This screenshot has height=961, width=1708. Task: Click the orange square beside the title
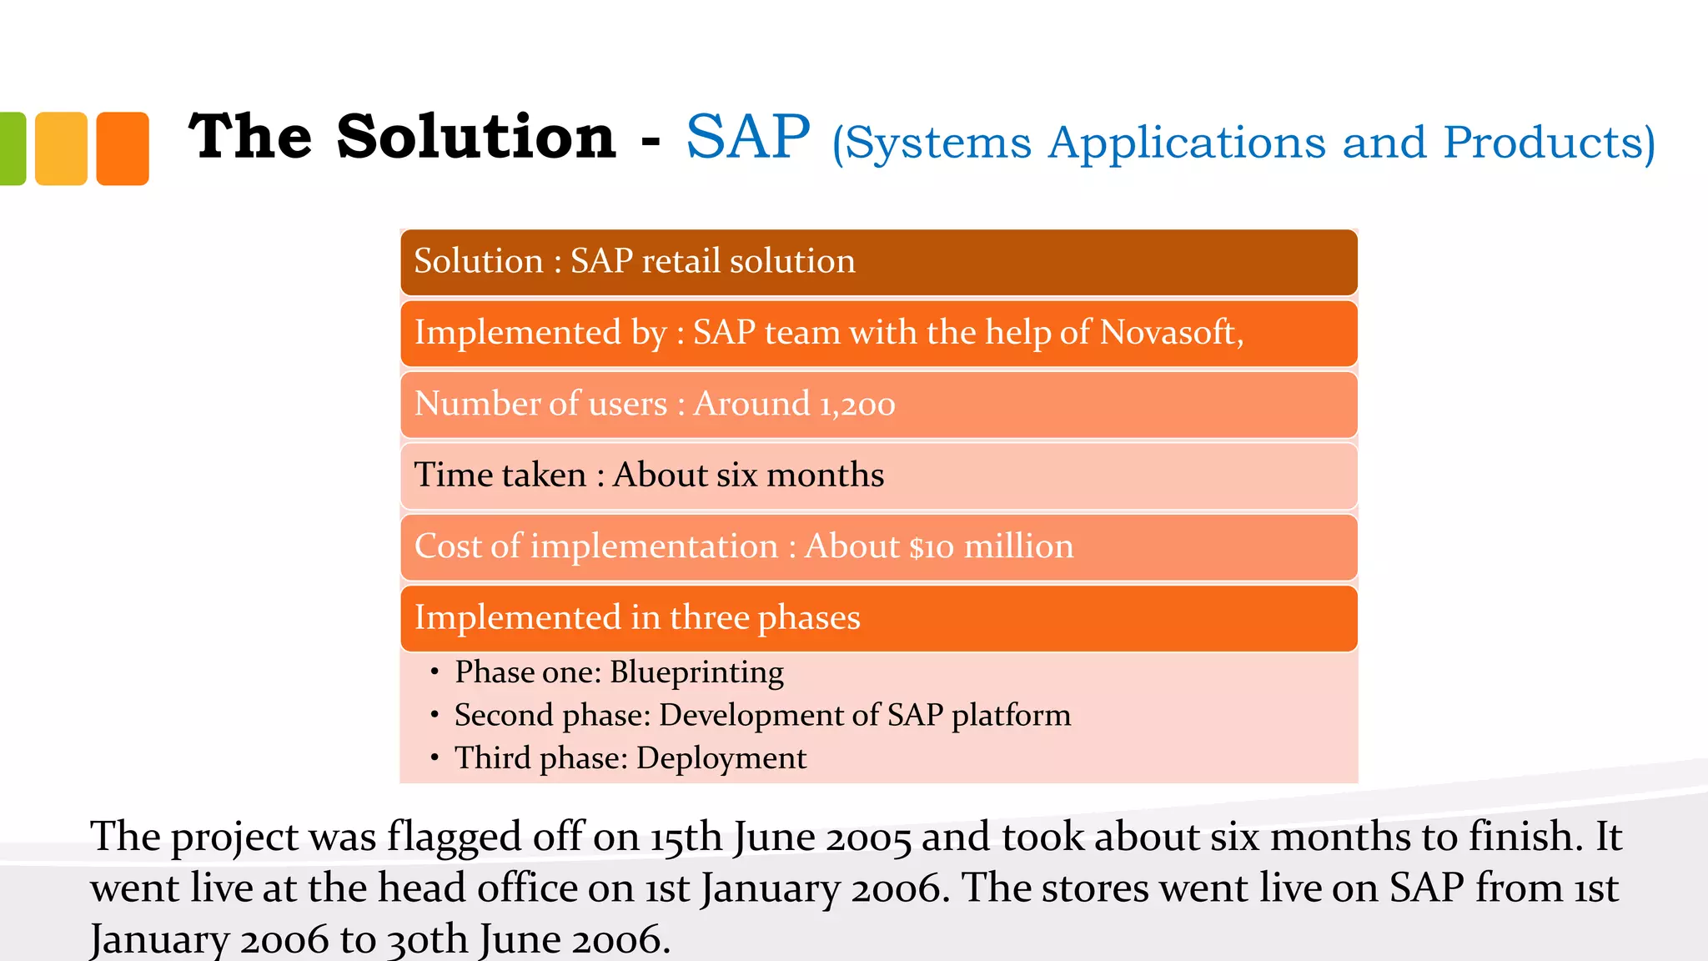point(123,148)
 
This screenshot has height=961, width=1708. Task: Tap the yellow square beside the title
point(61,148)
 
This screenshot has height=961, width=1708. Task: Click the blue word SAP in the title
point(747,138)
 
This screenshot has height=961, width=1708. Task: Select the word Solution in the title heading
point(476,138)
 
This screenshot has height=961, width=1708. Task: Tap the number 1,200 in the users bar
point(857,405)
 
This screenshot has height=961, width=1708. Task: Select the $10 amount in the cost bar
point(931,547)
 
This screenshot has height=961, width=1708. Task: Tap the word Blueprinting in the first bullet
point(696,672)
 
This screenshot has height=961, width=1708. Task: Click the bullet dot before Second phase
point(435,715)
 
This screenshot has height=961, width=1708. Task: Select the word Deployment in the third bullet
point(721,758)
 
